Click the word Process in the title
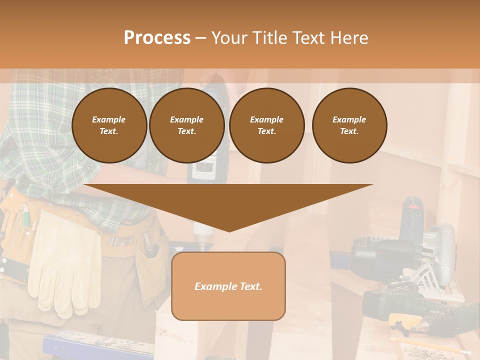tap(157, 38)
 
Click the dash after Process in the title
tap(200, 38)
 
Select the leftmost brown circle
tap(109, 125)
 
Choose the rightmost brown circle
tap(349, 125)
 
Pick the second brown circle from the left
tap(186, 125)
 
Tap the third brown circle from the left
tap(266, 125)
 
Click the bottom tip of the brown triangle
tap(229, 230)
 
